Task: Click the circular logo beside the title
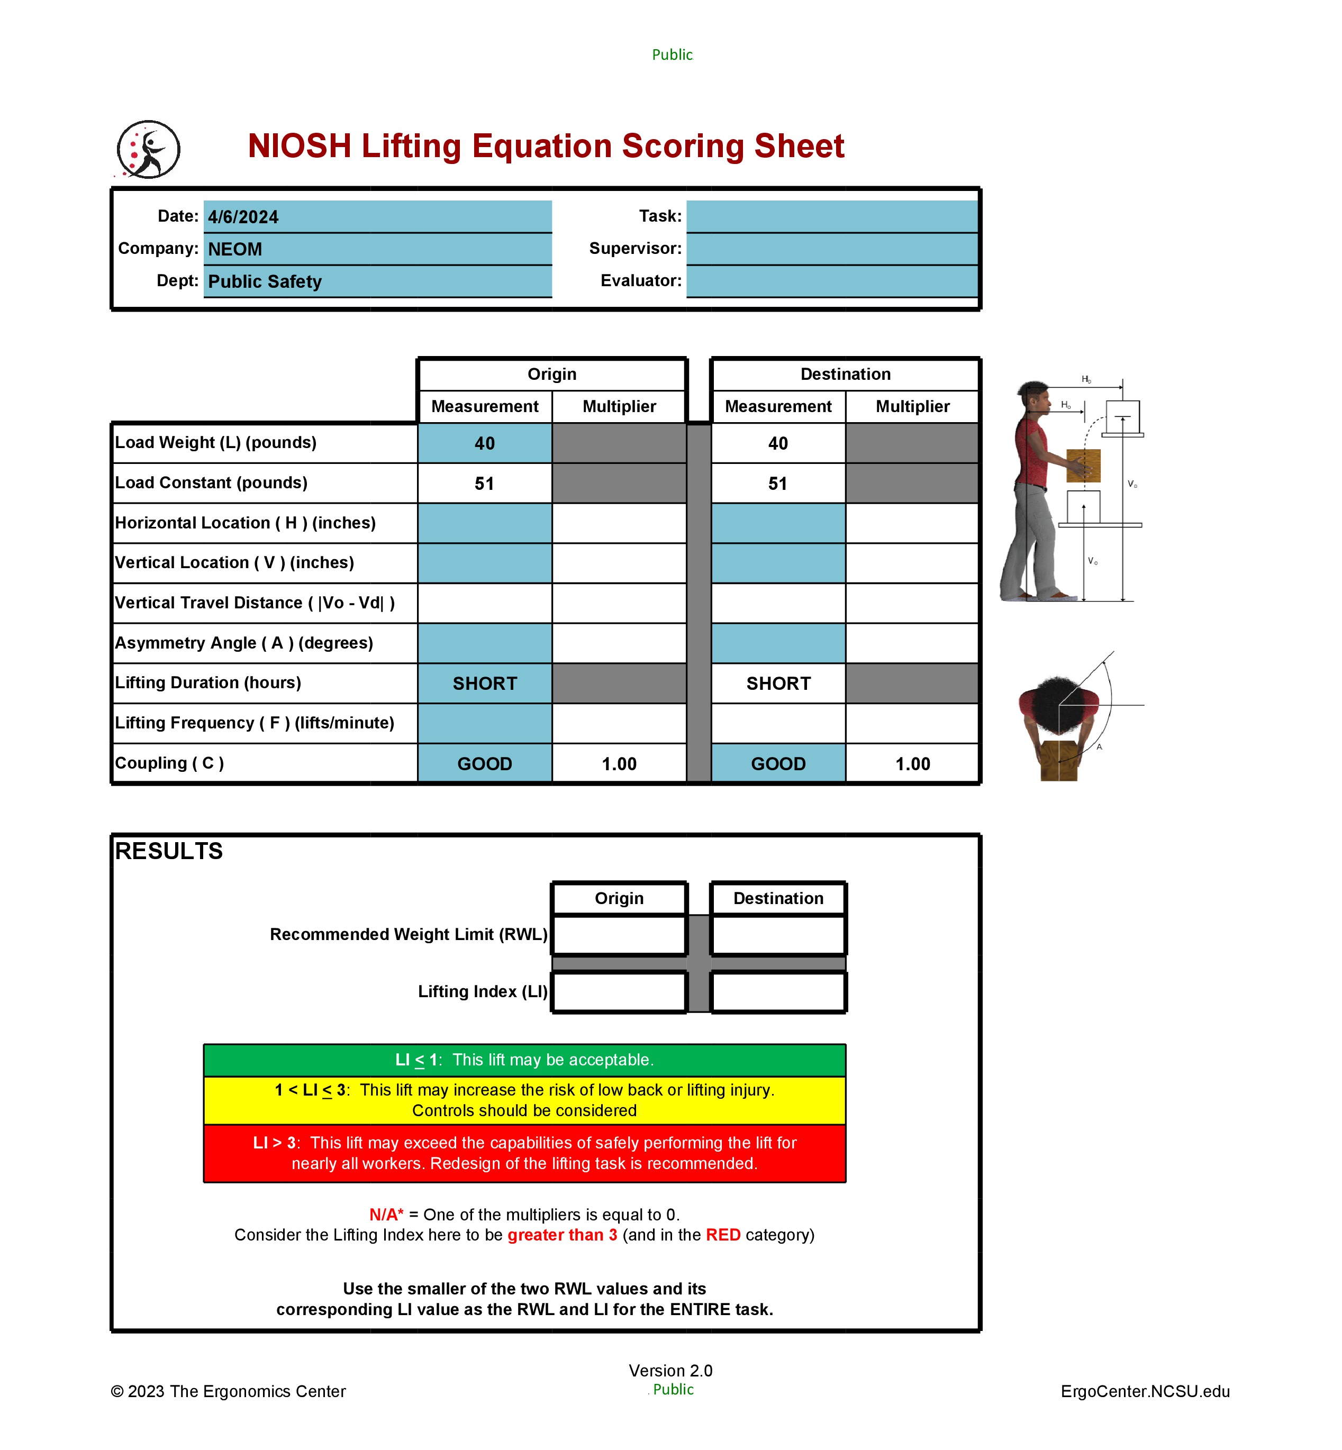pos(148,150)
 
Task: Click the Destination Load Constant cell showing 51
pos(778,484)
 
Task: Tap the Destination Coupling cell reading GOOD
pos(778,764)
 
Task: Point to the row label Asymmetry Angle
pos(243,643)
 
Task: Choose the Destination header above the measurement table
pos(845,374)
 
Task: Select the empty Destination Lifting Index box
pos(778,992)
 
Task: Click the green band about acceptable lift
pos(524,1060)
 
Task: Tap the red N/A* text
pos(386,1215)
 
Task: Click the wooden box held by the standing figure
pos(1083,466)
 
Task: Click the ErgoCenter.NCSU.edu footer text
pos(1145,1391)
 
